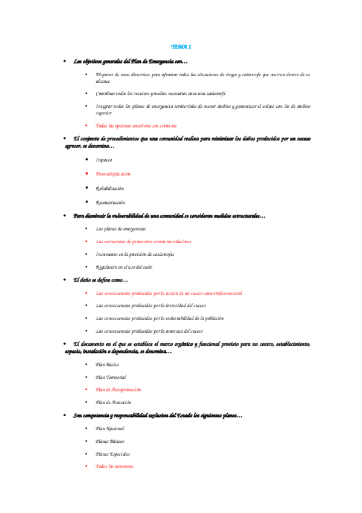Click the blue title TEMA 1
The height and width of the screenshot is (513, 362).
click(x=181, y=47)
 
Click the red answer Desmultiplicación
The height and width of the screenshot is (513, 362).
click(x=113, y=174)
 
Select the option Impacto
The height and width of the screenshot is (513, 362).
click(x=103, y=159)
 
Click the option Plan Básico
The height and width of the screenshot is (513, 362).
click(x=108, y=364)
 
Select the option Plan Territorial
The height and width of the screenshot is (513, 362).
click(x=111, y=377)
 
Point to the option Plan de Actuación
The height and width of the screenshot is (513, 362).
click(x=114, y=402)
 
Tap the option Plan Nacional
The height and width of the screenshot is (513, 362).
click(x=109, y=428)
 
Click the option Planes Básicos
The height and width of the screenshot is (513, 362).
click(x=110, y=441)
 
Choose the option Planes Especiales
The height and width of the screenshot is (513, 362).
click(x=112, y=454)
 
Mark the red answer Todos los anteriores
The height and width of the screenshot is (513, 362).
click(x=114, y=466)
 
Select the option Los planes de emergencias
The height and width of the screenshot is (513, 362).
click(x=120, y=229)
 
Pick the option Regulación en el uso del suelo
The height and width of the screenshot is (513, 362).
click(x=124, y=267)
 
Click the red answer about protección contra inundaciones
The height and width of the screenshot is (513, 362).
click(x=143, y=241)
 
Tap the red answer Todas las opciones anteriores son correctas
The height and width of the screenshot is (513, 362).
click(x=136, y=125)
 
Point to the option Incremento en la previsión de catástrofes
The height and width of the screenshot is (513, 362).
click(x=135, y=254)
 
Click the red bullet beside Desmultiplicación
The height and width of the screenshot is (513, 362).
click(x=87, y=174)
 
